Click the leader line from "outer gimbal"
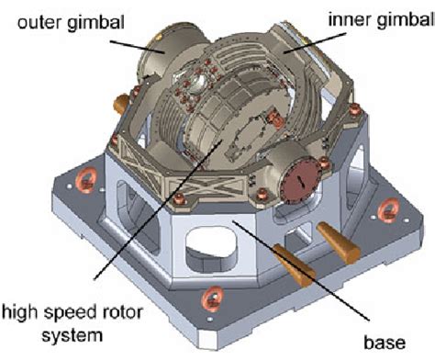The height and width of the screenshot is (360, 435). coord(138,45)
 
